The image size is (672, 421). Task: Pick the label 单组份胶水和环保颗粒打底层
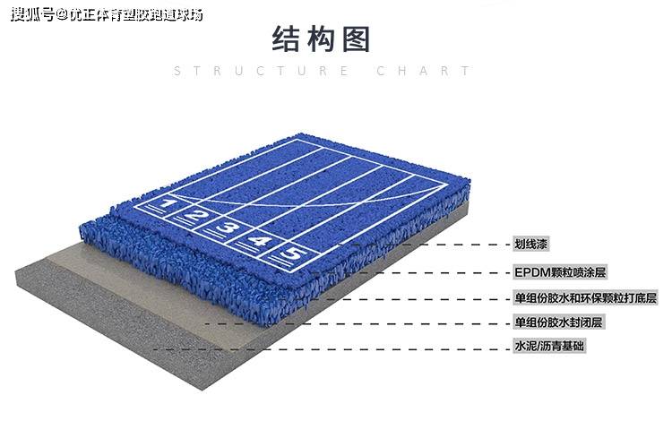point(585,298)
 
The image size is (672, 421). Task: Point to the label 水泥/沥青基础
point(550,347)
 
